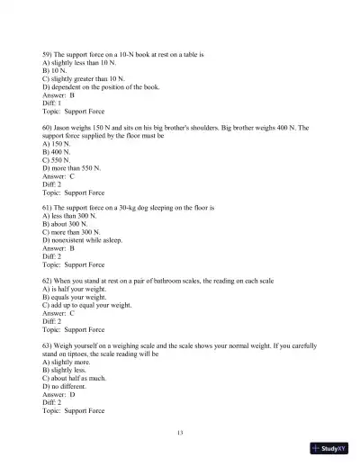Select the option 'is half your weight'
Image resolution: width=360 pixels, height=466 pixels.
(84, 288)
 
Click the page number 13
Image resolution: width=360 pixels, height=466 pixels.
(180, 434)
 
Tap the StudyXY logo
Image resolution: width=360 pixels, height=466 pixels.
(329, 451)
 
